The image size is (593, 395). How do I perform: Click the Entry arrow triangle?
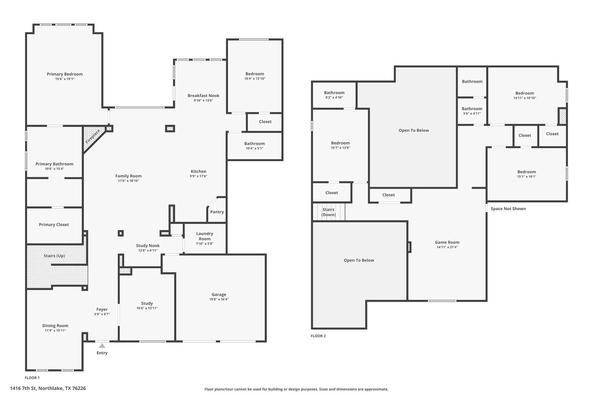tap(102, 346)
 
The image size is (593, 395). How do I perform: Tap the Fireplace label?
tap(93, 137)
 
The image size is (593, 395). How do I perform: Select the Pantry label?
tap(217, 212)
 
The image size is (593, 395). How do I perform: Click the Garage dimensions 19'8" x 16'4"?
tap(219, 299)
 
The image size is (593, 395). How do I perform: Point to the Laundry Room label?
tap(204, 236)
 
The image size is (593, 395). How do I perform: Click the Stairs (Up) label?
tap(54, 256)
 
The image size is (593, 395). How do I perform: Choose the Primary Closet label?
tap(54, 225)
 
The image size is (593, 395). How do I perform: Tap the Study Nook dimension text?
tap(148, 250)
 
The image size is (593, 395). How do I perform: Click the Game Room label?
tap(447, 242)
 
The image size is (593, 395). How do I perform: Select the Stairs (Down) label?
tap(328, 212)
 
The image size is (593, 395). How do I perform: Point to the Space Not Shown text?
tap(508, 209)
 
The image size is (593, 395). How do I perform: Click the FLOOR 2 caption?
tap(318, 336)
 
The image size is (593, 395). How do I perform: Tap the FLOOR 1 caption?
tap(32, 378)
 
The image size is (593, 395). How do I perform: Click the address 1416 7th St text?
tap(48, 388)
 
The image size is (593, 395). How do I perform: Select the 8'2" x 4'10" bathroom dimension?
tap(334, 98)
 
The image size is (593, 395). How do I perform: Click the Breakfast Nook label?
tap(203, 95)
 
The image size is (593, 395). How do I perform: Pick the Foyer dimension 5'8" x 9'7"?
tap(102, 314)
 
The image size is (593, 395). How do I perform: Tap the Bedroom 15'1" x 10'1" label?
tap(526, 172)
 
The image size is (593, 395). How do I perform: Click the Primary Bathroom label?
tap(54, 164)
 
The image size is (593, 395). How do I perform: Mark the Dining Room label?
tap(55, 326)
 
